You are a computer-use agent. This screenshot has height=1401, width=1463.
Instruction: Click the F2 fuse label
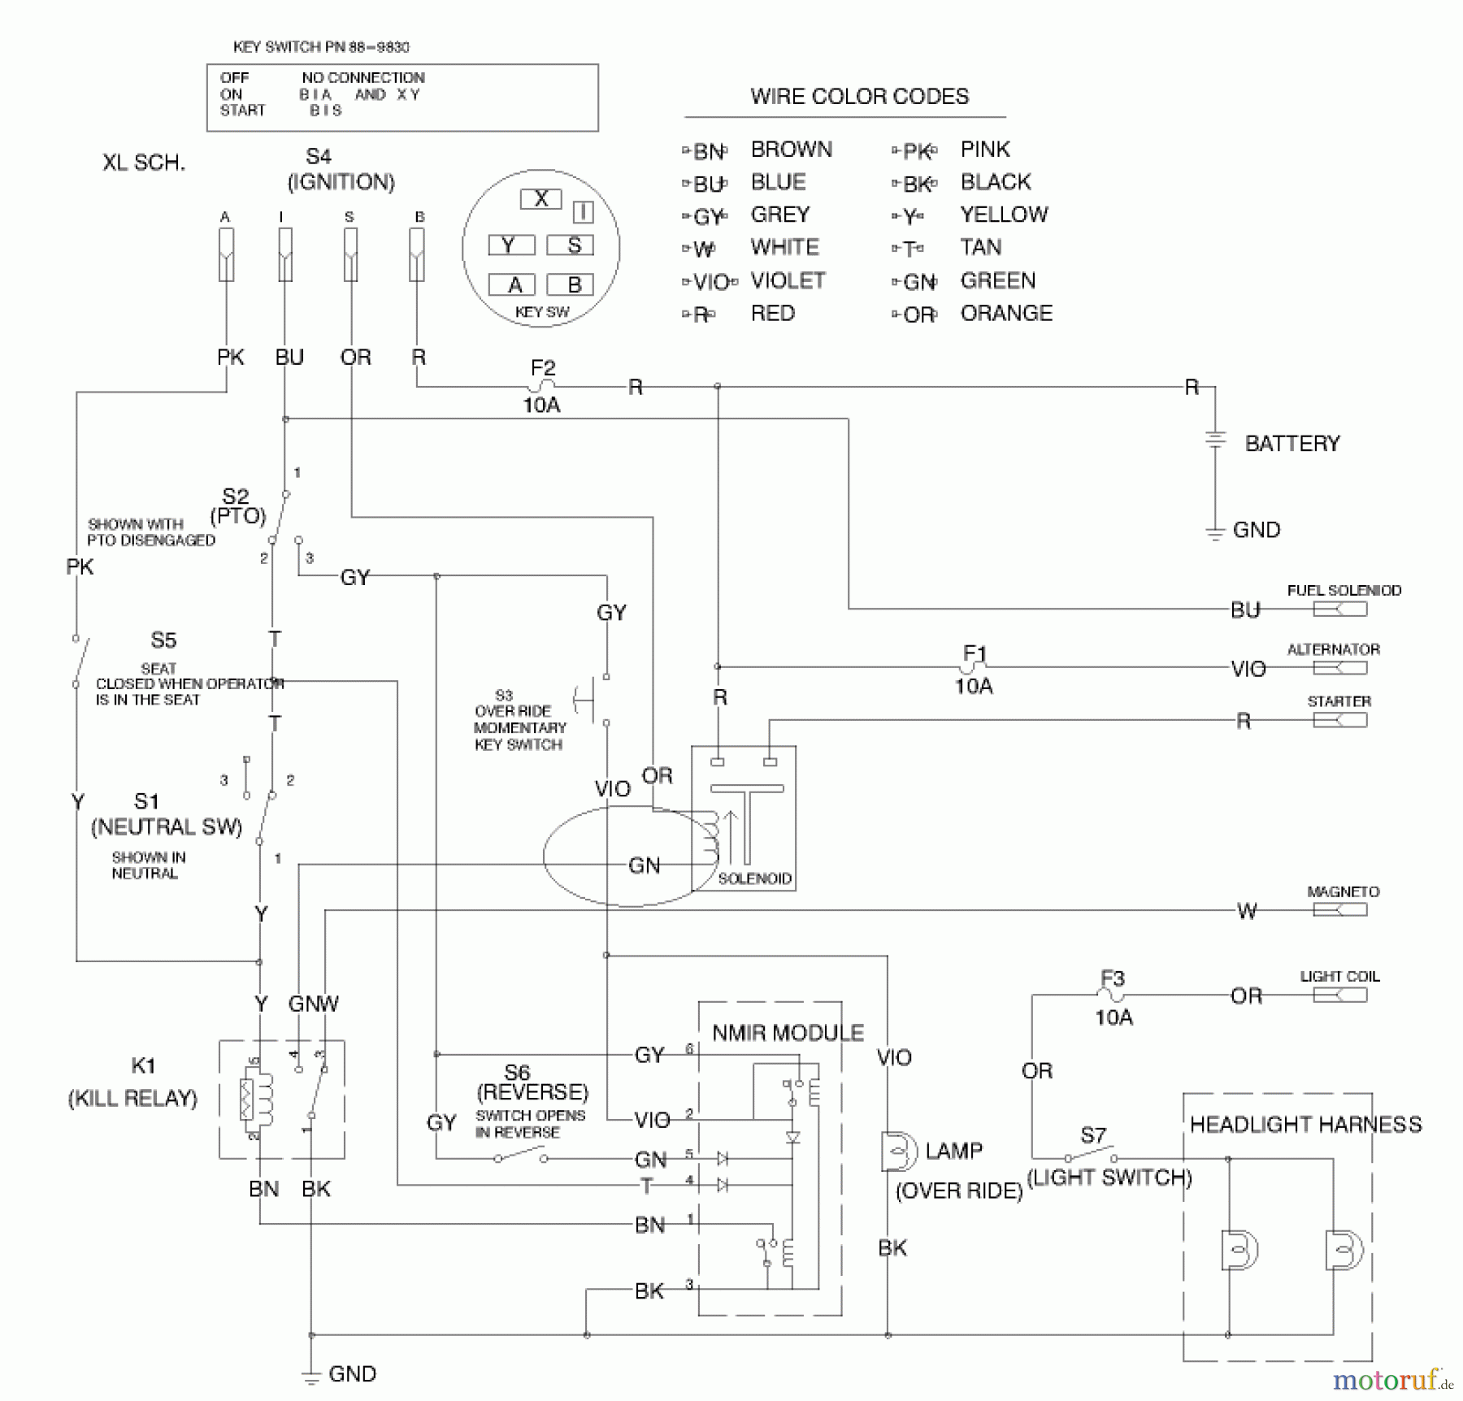(542, 368)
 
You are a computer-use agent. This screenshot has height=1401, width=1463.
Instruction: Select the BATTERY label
(1292, 444)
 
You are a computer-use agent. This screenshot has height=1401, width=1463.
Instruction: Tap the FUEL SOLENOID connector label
(1344, 591)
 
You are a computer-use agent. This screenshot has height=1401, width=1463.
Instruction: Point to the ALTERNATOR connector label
(1333, 649)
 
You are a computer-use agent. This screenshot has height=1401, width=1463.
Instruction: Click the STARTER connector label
(1339, 701)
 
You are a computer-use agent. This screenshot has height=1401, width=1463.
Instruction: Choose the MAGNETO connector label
(1343, 891)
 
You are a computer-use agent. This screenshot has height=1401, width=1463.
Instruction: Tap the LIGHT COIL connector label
(1339, 976)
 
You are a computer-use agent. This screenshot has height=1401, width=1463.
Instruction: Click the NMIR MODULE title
(788, 1033)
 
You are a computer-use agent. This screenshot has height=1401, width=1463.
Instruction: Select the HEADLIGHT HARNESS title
(1305, 1125)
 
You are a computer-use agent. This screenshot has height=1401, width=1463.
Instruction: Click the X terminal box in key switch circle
(540, 199)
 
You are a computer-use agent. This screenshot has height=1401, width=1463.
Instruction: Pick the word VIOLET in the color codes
(787, 280)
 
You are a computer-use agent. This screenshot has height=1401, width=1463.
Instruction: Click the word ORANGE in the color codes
(1005, 314)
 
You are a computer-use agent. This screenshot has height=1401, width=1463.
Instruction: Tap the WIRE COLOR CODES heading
(859, 97)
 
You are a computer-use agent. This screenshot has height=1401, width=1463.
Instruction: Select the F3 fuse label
(1112, 978)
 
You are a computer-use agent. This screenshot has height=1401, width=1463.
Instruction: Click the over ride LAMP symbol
(896, 1152)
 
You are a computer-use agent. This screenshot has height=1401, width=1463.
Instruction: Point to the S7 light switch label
(1093, 1134)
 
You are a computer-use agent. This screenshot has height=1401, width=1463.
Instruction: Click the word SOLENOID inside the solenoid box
(754, 878)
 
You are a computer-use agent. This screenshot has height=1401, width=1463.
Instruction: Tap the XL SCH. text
(144, 163)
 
